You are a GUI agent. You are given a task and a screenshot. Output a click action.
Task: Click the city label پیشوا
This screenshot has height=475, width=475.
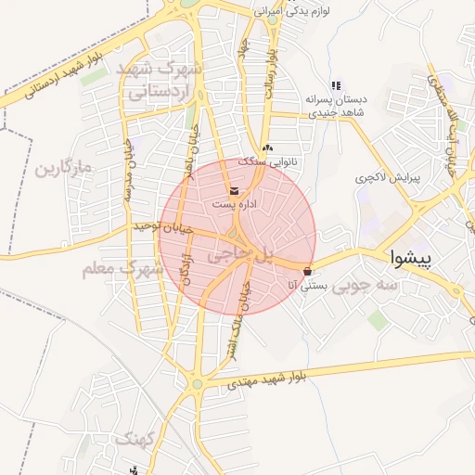pos(410,258)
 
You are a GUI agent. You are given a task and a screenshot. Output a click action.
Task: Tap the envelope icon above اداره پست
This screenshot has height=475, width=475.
pos(233,191)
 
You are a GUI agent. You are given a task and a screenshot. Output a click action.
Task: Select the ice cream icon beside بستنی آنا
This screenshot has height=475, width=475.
pos(307,272)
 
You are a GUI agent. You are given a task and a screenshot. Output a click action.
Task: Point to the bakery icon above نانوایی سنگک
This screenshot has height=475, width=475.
pos(266,148)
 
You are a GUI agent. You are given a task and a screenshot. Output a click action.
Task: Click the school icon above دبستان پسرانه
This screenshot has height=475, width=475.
pos(336,85)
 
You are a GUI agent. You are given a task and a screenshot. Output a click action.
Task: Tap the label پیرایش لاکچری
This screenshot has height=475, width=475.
pos(389,175)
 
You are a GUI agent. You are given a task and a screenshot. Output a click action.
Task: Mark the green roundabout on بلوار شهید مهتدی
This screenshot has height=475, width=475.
pos(197,382)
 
